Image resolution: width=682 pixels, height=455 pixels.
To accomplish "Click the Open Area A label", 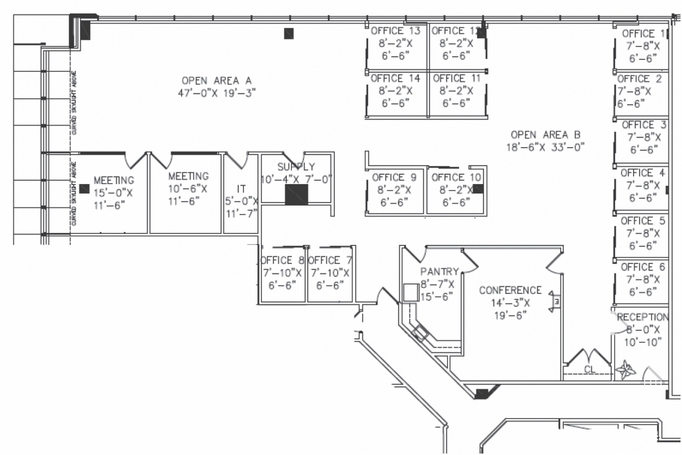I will tap(216, 81).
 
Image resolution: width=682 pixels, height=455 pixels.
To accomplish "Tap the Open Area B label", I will tap(545, 135).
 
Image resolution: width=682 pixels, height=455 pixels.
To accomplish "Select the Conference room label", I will tap(510, 290).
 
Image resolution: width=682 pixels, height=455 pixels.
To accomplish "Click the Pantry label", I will tap(439, 272).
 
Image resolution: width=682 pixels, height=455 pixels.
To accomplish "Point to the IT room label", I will tap(241, 189).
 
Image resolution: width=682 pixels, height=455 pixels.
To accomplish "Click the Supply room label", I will tap(296, 167).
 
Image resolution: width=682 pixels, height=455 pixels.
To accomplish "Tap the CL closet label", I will tap(589, 369).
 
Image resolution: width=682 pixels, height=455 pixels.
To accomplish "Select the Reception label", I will tap(643, 317).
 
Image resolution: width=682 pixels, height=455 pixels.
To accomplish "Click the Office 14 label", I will tap(395, 79).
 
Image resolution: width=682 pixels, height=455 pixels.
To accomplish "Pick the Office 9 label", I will tap(394, 178).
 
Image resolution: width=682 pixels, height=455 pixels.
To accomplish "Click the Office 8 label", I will tap(282, 261).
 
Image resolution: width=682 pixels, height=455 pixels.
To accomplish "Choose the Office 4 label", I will tap(643, 173).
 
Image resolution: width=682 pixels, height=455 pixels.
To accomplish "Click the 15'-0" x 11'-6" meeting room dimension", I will tap(113, 199).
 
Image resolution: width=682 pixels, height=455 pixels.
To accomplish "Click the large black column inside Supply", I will tap(296, 195).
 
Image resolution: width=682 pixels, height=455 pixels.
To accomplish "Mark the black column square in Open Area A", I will tap(289, 34).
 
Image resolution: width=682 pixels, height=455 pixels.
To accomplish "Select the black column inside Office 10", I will tap(478, 189).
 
